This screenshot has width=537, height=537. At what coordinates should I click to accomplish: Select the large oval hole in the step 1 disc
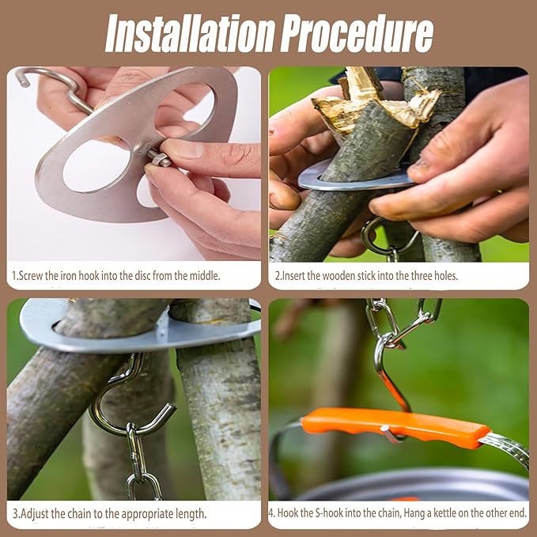[x=97, y=165]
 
